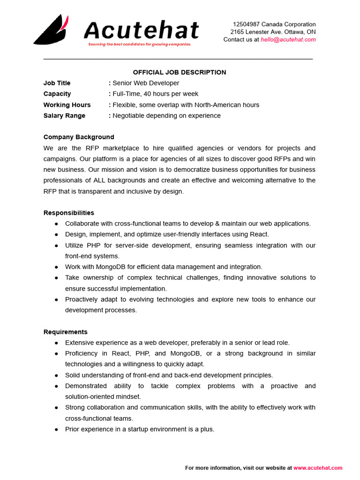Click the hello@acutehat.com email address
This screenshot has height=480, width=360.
(x=288, y=39)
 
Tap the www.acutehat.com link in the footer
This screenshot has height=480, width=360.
(x=318, y=468)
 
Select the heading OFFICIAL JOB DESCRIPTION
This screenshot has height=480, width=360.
(x=180, y=72)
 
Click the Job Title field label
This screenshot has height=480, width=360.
(x=57, y=83)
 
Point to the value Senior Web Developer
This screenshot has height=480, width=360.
(x=146, y=83)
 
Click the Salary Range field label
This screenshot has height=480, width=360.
(x=65, y=116)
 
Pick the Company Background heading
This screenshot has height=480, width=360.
(x=79, y=137)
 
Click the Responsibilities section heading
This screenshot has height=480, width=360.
(x=69, y=213)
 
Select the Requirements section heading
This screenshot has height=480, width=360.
(x=66, y=332)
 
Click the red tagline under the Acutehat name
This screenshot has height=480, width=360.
(x=140, y=44)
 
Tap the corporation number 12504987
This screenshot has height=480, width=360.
(x=246, y=24)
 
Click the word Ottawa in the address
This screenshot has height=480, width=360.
(x=294, y=32)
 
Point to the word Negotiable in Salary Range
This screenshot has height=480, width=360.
(x=129, y=116)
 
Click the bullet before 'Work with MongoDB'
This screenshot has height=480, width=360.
(x=57, y=267)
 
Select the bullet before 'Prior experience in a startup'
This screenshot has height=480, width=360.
(x=57, y=429)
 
